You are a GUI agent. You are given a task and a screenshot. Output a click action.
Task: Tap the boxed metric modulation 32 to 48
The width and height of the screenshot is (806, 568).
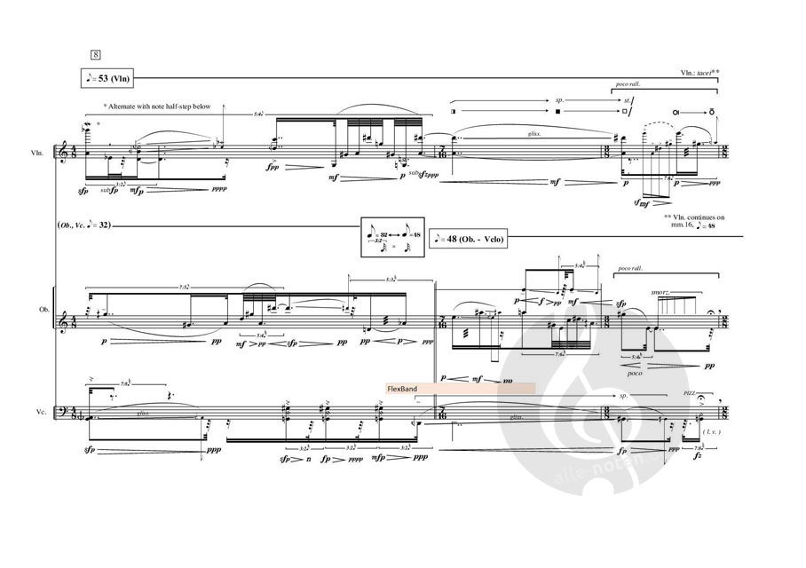tap(392, 238)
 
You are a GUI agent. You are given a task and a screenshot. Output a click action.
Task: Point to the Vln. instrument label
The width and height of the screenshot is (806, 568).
tap(37, 154)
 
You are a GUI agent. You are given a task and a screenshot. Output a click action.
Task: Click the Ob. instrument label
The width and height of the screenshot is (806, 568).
tap(37, 312)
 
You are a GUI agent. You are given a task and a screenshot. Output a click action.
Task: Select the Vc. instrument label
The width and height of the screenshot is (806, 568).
tap(37, 412)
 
